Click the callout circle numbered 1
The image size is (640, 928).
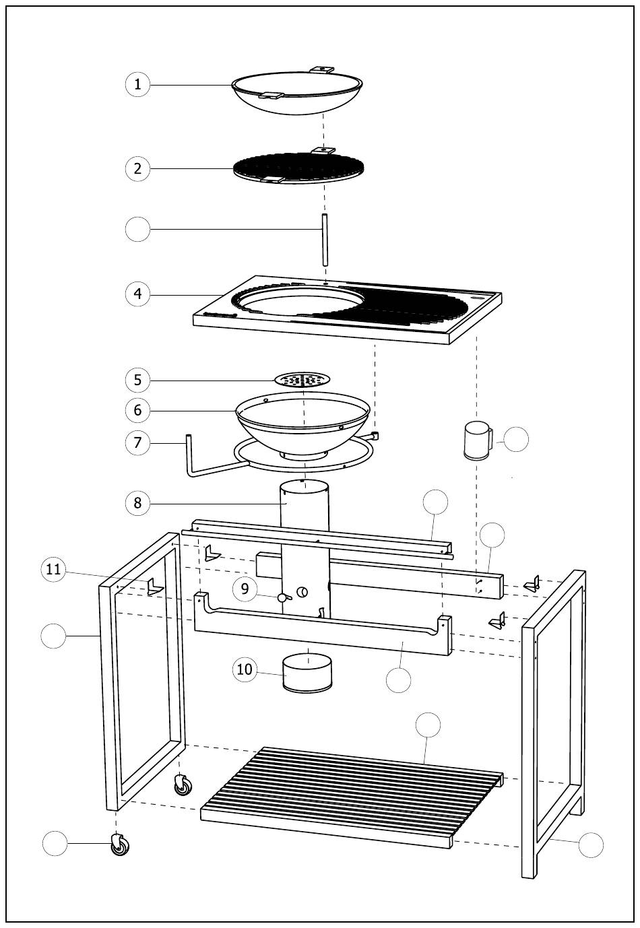pos(137,84)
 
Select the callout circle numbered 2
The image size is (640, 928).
pos(137,168)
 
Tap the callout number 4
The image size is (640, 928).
pos(137,294)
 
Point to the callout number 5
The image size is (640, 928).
pos(137,380)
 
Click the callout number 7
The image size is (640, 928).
pos(137,442)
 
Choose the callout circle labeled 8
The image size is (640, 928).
pos(137,502)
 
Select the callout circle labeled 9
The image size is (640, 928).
pos(245,589)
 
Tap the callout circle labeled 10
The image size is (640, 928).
pos(245,669)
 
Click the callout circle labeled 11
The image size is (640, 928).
pos(53,570)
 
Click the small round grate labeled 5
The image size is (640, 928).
pos(302,380)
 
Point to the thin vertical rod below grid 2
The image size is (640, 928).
pos(324,240)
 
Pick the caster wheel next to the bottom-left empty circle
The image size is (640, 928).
pos(120,844)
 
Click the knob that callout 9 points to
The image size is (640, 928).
pos(282,597)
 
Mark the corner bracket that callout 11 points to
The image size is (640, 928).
pos(155,588)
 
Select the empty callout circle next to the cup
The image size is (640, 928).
pos(517,439)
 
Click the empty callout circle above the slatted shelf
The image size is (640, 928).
pos(428,725)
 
